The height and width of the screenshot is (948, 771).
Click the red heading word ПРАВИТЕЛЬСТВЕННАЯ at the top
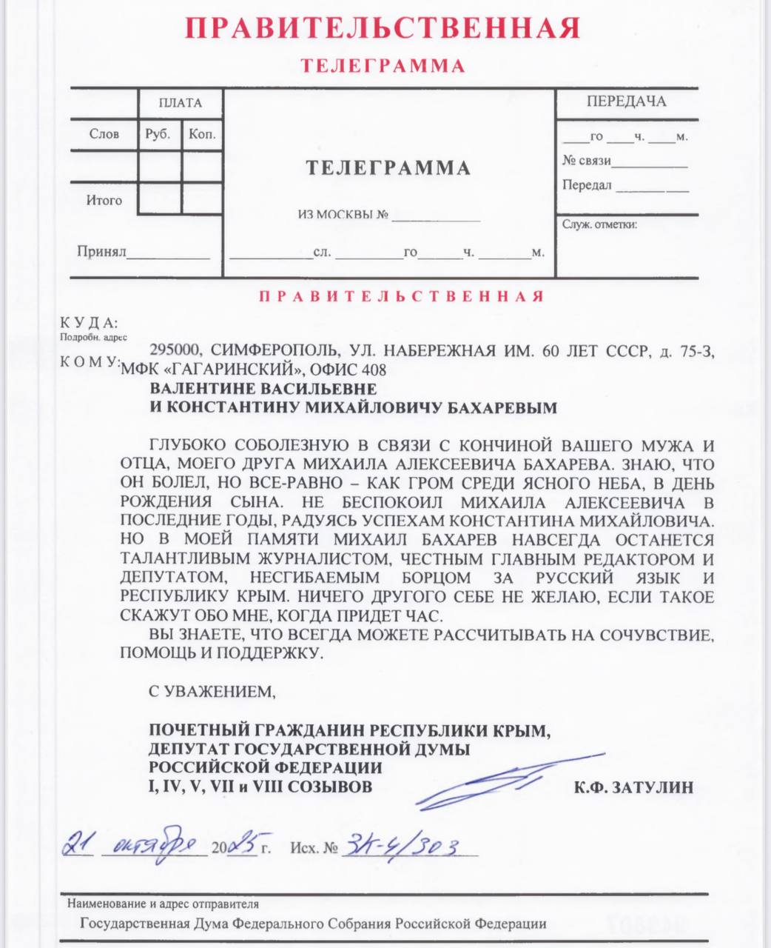point(382,28)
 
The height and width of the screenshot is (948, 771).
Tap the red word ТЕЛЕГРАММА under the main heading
point(383,66)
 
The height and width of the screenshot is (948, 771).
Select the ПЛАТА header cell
point(180,103)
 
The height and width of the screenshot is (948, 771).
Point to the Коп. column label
point(202,134)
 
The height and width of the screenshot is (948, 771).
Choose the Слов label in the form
point(104,134)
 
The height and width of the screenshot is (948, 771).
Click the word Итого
point(104,200)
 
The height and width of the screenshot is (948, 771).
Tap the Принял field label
point(101,252)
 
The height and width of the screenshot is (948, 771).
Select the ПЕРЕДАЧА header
point(626,101)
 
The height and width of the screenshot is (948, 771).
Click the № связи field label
point(586,161)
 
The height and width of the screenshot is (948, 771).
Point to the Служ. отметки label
point(599,224)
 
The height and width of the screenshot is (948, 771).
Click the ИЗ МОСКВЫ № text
point(343,216)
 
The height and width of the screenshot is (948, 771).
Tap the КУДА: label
point(88,323)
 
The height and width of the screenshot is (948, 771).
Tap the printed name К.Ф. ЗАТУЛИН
point(633,787)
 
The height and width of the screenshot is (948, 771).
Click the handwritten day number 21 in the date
point(78,843)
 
